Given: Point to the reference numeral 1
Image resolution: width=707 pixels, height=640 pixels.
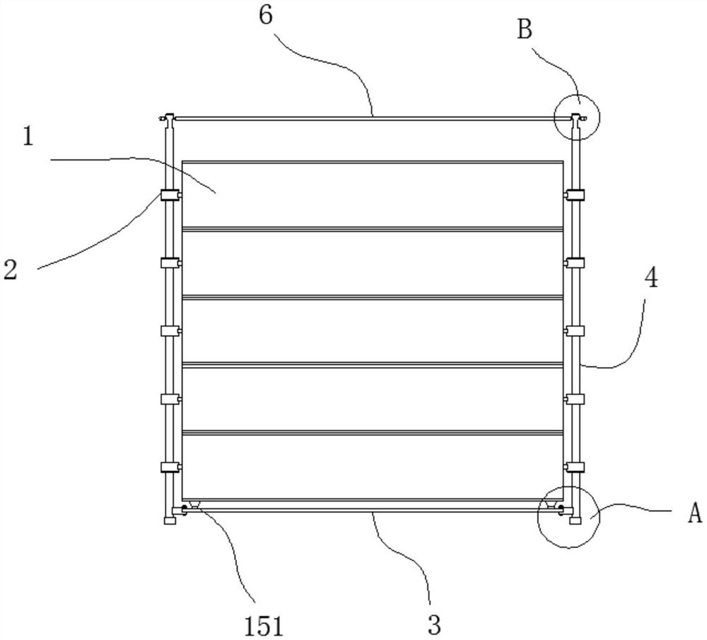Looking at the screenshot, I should tap(28, 136).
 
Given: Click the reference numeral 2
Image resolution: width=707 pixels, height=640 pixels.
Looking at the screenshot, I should tap(10, 269).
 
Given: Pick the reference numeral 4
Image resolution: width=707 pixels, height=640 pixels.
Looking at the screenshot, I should tap(651, 278).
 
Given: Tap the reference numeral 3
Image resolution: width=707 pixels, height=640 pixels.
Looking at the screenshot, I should tap(434, 624).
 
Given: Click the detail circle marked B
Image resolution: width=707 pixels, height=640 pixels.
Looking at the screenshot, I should tap(577, 117).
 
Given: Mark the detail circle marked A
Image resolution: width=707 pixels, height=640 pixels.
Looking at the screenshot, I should tap(568, 516).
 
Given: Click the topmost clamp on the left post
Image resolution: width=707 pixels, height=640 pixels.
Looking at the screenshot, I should tap(170, 196).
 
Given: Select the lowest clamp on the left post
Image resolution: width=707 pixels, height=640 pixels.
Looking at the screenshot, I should tap(170, 467).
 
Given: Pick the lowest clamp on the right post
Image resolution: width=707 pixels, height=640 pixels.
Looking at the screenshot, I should tap(575, 467).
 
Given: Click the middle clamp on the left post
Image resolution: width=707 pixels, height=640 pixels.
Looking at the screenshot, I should tap(170, 331).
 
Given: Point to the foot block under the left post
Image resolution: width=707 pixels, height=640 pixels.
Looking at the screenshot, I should tap(170, 520).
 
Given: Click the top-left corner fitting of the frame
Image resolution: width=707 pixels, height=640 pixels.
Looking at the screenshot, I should tap(168, 119).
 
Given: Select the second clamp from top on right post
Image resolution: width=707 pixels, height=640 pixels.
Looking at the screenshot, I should tap(575, 263).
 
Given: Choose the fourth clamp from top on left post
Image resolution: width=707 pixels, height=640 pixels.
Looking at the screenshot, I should tap(170, 400).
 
